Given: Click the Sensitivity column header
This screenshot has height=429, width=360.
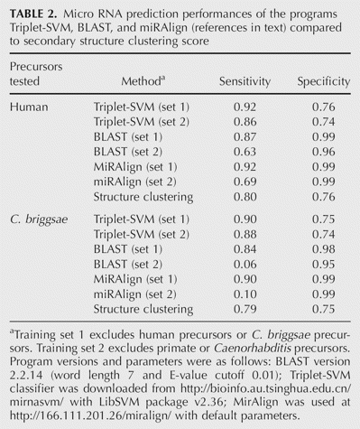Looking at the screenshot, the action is (245, 81).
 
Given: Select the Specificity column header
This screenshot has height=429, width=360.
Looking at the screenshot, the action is (324, 81).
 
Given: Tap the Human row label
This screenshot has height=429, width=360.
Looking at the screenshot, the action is (29, 107).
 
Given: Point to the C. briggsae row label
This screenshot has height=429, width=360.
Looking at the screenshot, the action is (39, 219).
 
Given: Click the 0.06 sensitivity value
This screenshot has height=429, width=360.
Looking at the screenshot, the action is (245, 265).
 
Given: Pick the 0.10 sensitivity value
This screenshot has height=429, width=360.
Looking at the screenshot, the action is (245, 294).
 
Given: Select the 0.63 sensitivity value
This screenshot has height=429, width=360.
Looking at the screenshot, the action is (245, 152).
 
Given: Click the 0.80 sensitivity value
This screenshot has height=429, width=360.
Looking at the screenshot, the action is (245, 197).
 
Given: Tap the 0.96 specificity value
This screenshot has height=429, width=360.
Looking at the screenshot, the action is (324, 152).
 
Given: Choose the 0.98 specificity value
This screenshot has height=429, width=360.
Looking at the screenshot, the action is (324, 249).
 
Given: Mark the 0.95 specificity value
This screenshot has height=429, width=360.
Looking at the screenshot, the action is (324, 265).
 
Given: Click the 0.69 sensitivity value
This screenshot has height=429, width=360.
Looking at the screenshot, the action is (245, 182).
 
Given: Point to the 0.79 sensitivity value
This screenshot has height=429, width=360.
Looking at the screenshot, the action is (245, 309).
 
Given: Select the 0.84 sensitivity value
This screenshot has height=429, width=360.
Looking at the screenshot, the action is (245, 249).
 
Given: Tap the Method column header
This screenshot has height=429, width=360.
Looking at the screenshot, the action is (143, 81).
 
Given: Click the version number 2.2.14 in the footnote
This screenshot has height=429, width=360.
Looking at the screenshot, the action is (26, 376).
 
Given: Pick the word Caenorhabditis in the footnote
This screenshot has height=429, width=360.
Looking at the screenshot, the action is (253, 349).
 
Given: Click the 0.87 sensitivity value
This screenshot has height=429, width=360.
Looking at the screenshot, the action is (245, 137).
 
